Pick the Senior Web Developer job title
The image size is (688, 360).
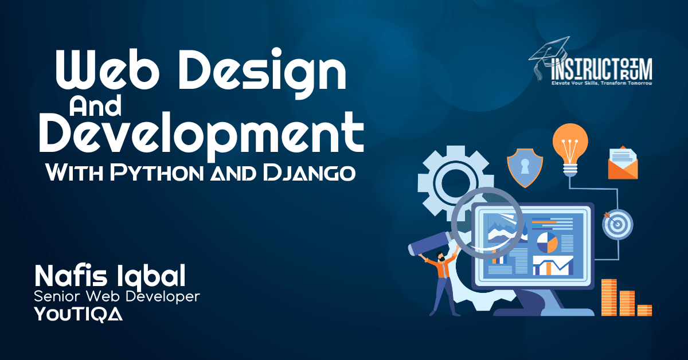(x=117, y=296)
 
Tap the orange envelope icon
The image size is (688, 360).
(x=623, y=163)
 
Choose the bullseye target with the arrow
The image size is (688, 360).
(x=617, y=224)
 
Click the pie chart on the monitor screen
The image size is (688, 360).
(x=547, y=242)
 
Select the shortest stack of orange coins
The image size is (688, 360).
(x=644, y=310)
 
